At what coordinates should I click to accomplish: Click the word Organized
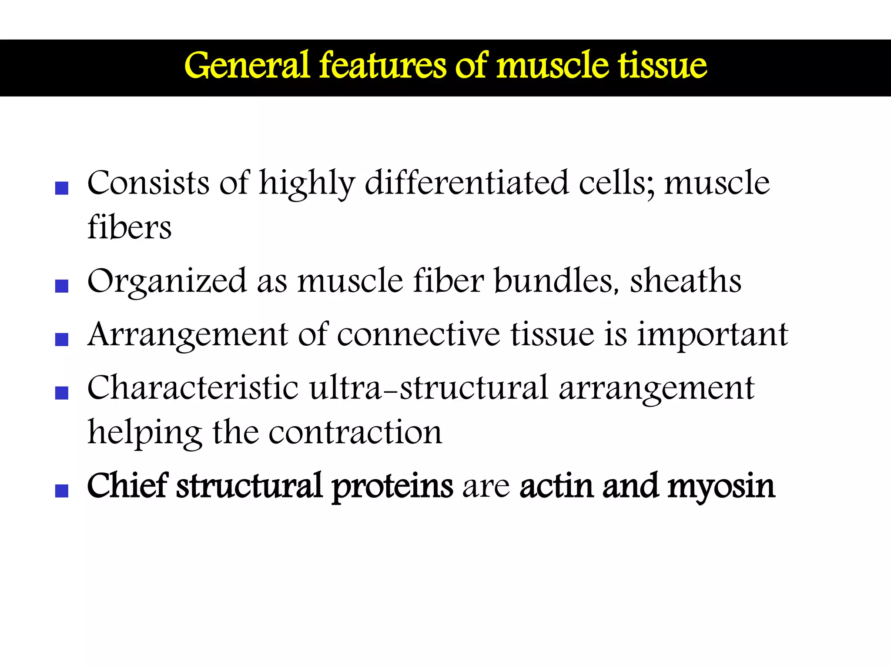pyautogui.click(x=167, y=282)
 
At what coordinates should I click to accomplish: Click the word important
pyautogui.click(x=713, y=335)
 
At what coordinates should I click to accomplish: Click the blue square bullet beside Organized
pyautogui.click(x=62, y=286)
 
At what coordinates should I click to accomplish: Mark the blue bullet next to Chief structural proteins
pyautogui.click(x=62, y=491)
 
